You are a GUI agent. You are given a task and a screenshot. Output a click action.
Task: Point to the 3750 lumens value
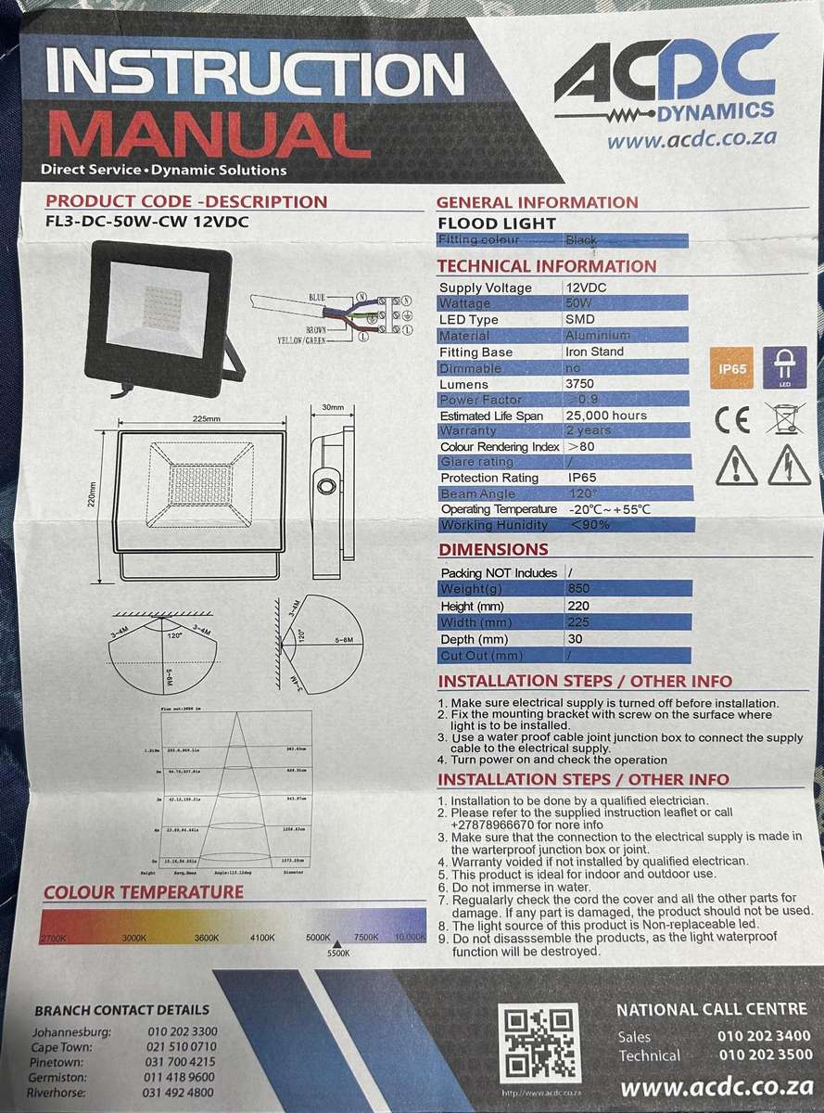(580, 383)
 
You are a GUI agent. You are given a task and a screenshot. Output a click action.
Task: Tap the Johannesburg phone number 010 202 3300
(182, 1031)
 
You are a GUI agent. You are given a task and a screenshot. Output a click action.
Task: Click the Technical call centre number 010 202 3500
(764, 1055)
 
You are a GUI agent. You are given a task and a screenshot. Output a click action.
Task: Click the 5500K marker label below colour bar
(338, 953)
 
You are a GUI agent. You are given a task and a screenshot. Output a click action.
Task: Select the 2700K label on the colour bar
(54, 939)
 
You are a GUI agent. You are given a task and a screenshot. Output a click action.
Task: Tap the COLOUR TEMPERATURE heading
(144, 892)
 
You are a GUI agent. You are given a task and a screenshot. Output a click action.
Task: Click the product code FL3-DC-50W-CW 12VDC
(146, 222)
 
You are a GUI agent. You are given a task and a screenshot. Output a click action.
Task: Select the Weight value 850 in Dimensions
(577, 589)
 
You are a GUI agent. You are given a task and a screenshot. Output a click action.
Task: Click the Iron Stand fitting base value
(594, 352)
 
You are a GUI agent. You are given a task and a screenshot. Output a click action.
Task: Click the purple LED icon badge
(782, 368)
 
